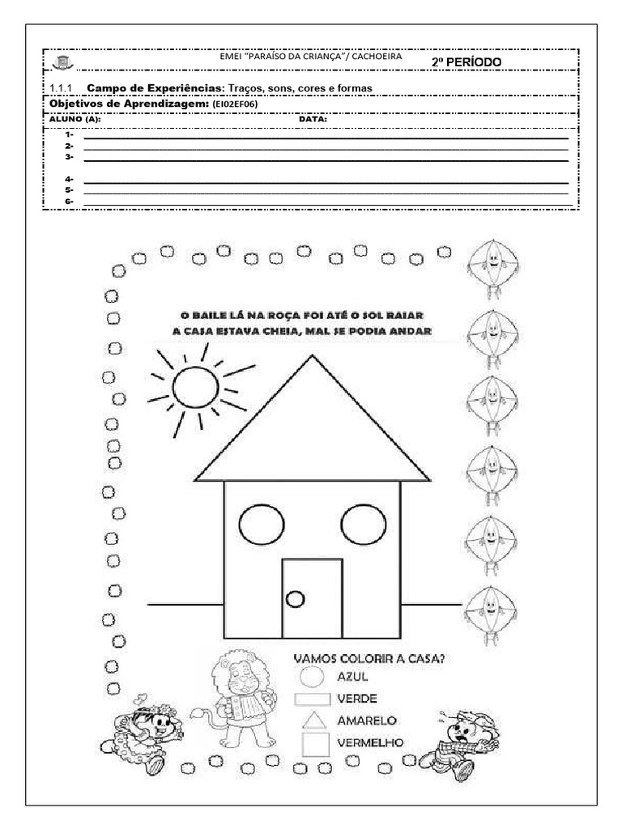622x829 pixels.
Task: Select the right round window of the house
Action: pos(364,524)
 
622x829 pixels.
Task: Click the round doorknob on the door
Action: pos(296,599)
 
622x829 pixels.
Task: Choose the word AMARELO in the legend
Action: pos(366,720)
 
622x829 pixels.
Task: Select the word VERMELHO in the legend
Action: pos(372,742)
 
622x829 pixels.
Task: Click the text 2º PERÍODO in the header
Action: pos(466,62)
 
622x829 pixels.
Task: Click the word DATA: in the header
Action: pos(313,119)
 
